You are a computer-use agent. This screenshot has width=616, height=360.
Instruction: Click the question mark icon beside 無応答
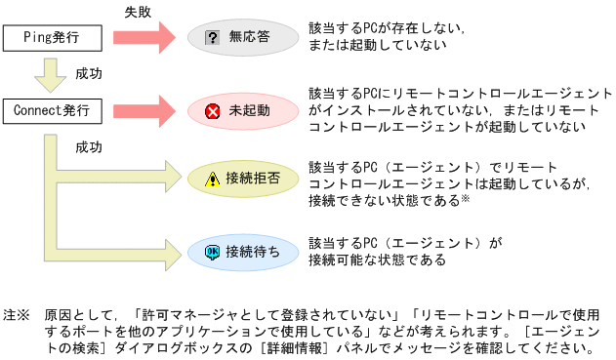pyautogui.click(x=211, y=39)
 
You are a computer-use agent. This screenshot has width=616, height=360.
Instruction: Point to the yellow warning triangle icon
pyautogui.click(x=212, y=179)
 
